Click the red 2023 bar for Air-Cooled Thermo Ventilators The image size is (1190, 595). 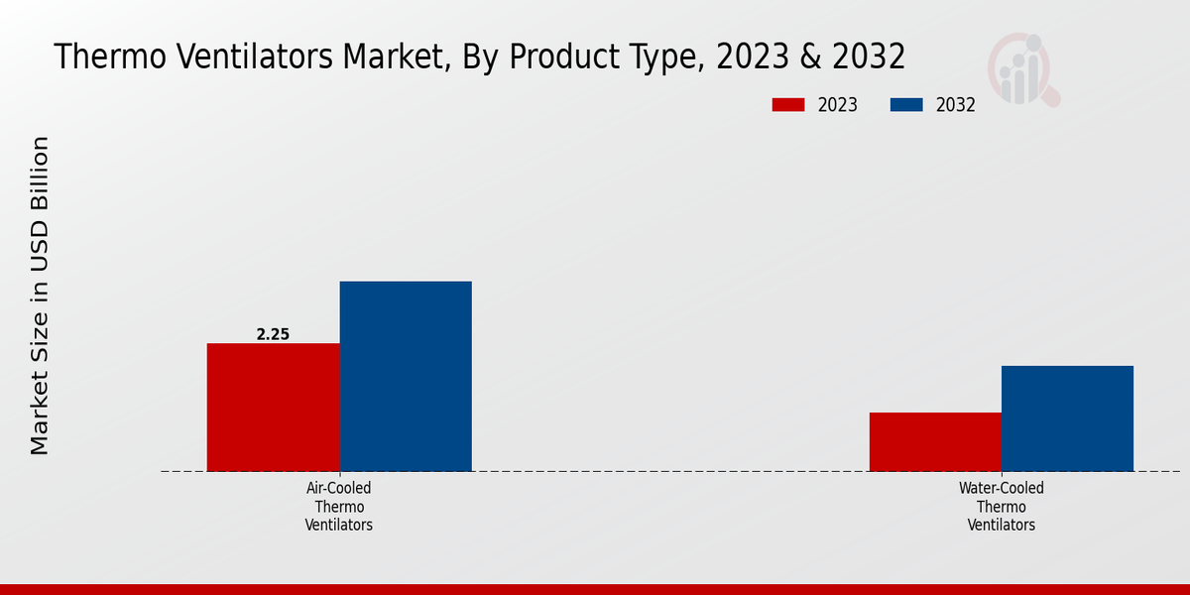point(273,407)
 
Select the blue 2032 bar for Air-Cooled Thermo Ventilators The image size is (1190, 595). point(406,376)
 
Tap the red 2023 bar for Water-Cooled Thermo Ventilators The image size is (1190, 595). point(935,441)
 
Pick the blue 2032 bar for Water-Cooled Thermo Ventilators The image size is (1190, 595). point(1067,418)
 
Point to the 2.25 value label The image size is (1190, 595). point(273,335)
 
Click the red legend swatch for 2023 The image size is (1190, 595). point(788,105)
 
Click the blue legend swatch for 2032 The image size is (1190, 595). point(906,105)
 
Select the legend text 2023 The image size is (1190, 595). point(838,105)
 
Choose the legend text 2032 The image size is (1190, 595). point(956,105)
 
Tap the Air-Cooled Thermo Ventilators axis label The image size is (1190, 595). point(339,507)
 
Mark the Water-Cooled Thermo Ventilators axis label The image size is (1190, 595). point(1002,507)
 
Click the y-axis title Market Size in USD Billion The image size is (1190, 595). point(40,296)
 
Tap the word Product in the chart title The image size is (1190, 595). point(567,57)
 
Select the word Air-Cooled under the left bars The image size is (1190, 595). point(339,489)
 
